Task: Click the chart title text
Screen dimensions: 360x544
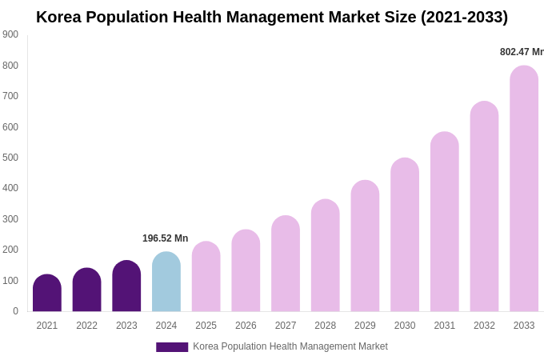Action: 272,17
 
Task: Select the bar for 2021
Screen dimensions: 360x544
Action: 47,294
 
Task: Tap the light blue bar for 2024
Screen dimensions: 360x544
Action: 166,282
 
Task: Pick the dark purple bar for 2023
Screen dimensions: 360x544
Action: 126,286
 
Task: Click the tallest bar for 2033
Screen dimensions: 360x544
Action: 524,189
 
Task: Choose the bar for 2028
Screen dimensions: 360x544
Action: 326,256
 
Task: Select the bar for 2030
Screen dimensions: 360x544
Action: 405,235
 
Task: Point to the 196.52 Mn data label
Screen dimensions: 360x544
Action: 165,238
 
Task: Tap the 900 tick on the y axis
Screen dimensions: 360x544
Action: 10,34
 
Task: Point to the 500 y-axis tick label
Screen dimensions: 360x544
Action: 10,158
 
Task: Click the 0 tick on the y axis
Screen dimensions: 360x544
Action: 15,311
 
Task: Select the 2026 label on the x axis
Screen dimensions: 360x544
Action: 246,326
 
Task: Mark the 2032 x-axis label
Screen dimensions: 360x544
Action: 484,326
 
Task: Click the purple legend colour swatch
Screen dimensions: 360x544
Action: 172,347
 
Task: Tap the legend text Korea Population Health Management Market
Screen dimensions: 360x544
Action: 290,346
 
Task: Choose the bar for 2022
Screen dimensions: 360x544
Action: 87,290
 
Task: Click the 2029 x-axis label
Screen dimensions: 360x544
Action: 365,326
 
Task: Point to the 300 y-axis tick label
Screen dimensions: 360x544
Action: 10,219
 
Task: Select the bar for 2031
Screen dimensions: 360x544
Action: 445,222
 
